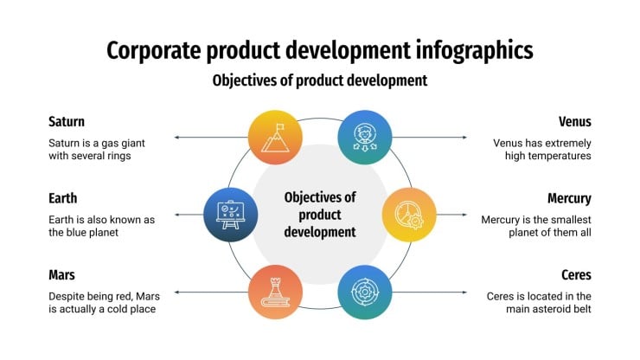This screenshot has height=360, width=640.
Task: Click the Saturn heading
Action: (x=67, y=122)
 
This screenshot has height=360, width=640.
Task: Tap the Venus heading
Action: (x=574, y=122)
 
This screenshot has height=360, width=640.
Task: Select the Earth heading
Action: (x=63, y=198)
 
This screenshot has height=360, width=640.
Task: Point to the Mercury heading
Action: (x=569, y=198)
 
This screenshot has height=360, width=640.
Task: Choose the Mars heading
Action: (x=61, y=275)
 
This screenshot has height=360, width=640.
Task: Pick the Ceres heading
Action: (x=576, y=275)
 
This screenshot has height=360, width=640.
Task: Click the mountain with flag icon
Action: (x=276, y=138)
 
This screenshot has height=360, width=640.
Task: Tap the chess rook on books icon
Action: (x=276, y=292)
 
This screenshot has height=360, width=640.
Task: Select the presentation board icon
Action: (x=231, y=215)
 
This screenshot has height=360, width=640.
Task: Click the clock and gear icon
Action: (x=409, y=215)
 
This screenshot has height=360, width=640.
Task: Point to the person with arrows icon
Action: (x=365, y=138)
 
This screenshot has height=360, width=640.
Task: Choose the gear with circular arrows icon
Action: (x=365, y=292)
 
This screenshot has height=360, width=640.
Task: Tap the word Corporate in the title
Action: (x=154, y=51)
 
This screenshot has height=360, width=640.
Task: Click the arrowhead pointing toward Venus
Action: (x=464, y=138)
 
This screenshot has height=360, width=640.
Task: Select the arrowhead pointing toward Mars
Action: (x=176, y=292)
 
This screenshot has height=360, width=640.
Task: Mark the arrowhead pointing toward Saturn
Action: (x=176, y=138)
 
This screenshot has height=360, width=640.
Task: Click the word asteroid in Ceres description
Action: (x=550, y=309)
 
